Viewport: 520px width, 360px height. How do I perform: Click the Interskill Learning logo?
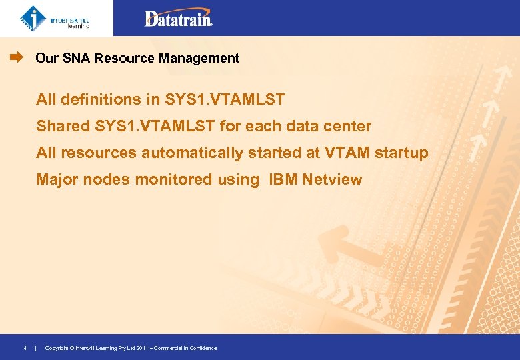(x=55, y=18)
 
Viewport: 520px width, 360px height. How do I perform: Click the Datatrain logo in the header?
(x=179, y=19)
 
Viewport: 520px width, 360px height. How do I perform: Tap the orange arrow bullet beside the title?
(x=17, y=58)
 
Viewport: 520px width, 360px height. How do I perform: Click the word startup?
(x=401, y=153)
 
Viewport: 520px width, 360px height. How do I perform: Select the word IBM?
(x=283, y=179)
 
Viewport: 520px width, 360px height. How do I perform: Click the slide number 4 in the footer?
(x=25, y=348)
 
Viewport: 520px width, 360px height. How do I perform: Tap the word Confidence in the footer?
(x=203, y=348)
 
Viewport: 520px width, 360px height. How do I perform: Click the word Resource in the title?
(x=125, y=59)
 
